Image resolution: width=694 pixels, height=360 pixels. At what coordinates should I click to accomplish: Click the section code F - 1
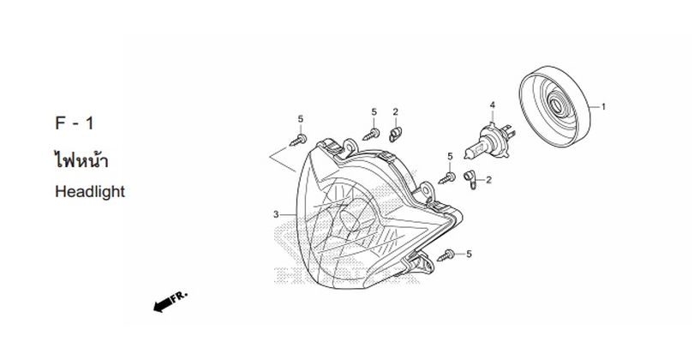tap(75, 123)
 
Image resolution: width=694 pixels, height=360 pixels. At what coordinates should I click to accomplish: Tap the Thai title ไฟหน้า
tap(81, 159)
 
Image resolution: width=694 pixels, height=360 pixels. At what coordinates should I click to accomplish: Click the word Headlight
tap(90, 192)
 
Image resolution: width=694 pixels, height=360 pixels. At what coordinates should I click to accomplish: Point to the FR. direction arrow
tap(171, 301)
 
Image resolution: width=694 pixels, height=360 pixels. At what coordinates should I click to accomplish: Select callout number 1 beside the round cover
tap(603, 107)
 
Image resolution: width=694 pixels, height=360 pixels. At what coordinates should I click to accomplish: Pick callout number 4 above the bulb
tap(492, 105)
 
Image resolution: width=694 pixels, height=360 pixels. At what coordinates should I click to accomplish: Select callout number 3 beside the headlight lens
tap(276, 215)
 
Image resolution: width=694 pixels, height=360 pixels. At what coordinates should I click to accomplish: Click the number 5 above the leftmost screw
tap(301, 118)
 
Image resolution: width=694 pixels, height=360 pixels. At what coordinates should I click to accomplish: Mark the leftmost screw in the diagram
tap(298, 141)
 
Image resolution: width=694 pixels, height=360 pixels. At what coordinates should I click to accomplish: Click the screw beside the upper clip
tap(371, 135)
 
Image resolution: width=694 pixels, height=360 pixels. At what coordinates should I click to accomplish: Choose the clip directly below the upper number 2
tap(395, 135)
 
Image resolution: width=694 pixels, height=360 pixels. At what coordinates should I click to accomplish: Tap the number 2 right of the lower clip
tap(488, 180)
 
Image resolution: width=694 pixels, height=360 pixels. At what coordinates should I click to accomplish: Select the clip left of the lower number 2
tap(470, 179)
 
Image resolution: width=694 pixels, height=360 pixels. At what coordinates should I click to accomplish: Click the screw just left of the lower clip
tap(447, 178)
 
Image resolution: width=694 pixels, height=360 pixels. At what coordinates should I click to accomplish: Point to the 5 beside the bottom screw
tap(470, 255)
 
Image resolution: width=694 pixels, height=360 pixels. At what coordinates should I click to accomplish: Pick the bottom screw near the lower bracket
tap(446, 255)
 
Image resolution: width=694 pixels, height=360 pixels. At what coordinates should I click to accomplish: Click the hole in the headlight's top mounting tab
tap(350, 144)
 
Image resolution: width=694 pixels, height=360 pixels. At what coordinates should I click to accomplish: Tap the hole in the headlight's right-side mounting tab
tap(426, 190)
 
